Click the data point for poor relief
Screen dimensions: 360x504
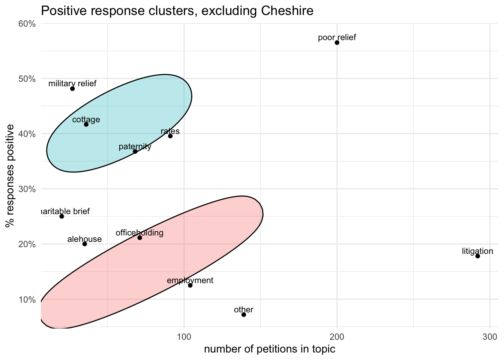click(x=337, y=43)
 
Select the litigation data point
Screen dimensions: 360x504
click(x=477, y=256)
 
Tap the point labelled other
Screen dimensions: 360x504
click(x=244, y=315)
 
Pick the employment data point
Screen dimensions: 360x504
click(x=190, y=285)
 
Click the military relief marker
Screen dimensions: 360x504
click(x=72, y=89)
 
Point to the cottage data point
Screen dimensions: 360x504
click(x=86, y=124)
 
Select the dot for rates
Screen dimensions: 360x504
click(x=170, y=136)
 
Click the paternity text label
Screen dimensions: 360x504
click(x=135, y=147)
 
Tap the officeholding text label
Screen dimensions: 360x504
click(x=139, y=233)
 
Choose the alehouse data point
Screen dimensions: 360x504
click(x=85, y=244)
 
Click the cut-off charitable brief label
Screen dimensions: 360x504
click(x=65, y=211)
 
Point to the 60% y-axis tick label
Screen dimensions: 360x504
click(x=27, y=24)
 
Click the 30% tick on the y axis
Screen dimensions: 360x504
click(x=27, y=189)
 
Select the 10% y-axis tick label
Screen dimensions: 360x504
click(x=27, y=299)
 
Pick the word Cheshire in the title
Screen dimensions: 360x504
click(x=286, y=11)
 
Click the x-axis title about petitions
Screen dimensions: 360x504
click(x=269, y=349)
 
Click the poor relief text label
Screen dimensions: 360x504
click(x=337, y=37)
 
